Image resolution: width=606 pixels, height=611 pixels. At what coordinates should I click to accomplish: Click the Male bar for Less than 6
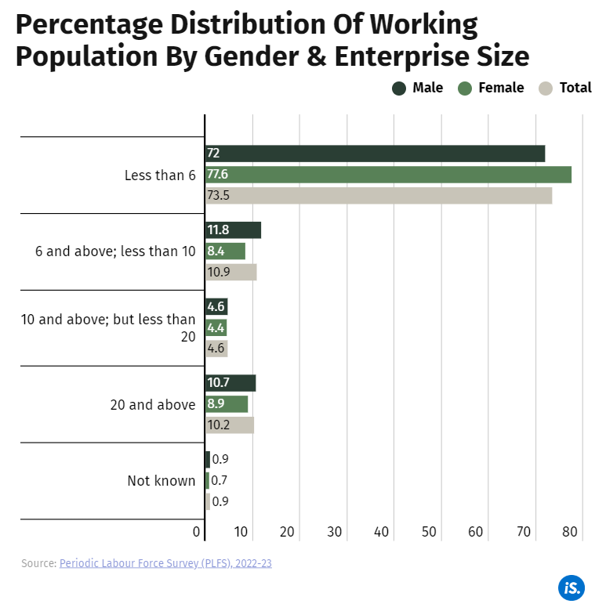(375, 154)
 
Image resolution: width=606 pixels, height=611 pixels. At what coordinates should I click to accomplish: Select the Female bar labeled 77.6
(388, 175)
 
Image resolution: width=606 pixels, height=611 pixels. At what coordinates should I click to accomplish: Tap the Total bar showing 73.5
(379, 196)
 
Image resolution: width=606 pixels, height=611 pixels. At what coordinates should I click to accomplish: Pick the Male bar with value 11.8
(233, 230)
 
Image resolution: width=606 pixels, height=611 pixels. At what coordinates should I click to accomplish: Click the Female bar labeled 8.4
(225, 251)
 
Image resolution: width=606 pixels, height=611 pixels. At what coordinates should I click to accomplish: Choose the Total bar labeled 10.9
(230, 273)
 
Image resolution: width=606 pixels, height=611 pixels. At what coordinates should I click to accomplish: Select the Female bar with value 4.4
(216, 328)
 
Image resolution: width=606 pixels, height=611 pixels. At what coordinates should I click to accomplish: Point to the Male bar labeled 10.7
(230, 384)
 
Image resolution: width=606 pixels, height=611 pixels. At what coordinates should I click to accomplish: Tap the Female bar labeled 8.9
(227, 404)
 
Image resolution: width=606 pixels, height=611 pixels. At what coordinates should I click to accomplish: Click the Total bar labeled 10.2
(229, 425)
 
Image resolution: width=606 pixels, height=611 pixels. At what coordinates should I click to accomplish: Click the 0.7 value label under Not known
(220, 481)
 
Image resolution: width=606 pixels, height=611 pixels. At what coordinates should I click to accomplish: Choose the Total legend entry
(566, 88)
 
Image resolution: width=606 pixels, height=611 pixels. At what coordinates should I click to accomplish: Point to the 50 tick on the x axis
(428, 533)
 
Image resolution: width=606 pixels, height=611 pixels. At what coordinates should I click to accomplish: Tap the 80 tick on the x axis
(570, 533)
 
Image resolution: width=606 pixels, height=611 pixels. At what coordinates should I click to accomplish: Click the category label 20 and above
(152, 405)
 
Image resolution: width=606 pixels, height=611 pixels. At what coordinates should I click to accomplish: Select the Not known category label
(161, 481)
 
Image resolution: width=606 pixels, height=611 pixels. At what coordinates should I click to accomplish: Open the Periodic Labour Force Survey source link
(165, 563)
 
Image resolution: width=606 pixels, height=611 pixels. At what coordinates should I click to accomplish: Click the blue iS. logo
(571, 587)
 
